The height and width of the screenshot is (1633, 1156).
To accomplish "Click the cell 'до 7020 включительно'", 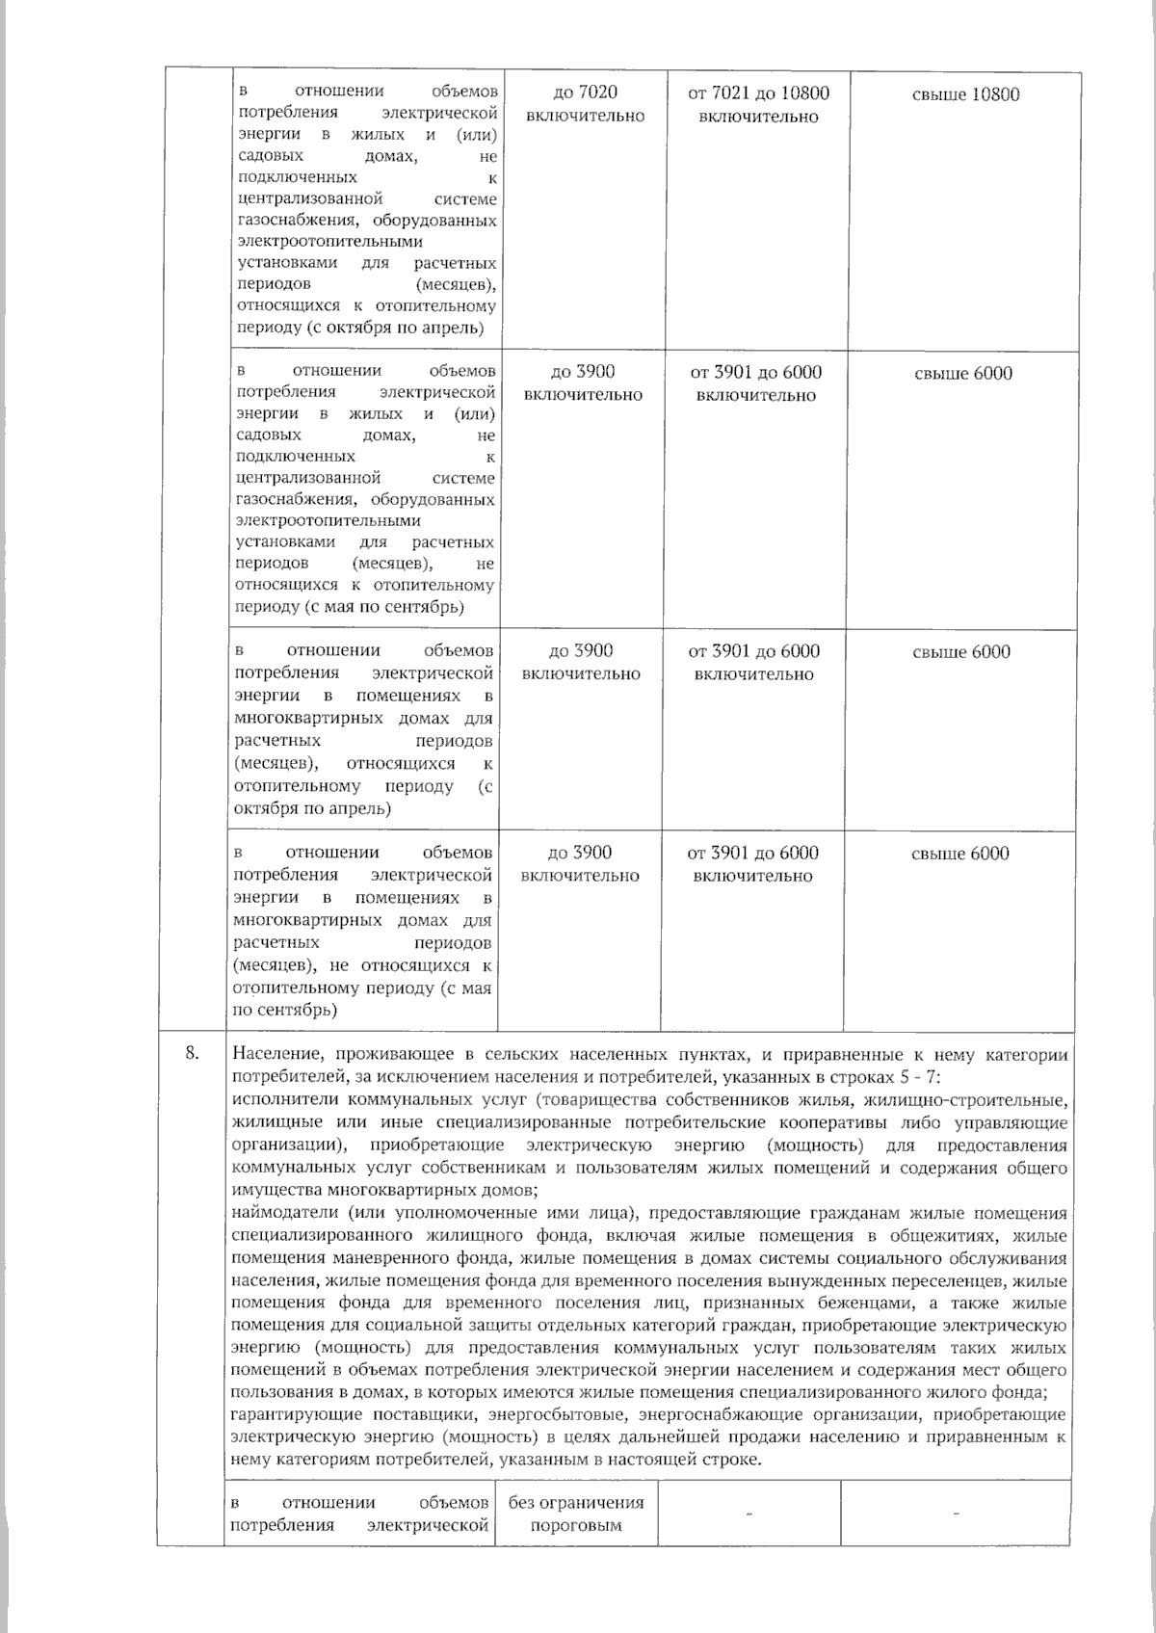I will tap(586, 104).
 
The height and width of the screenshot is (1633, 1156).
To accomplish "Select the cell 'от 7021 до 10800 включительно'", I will tap(758, 104).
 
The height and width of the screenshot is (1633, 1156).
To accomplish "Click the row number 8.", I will tap(191, 1054).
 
